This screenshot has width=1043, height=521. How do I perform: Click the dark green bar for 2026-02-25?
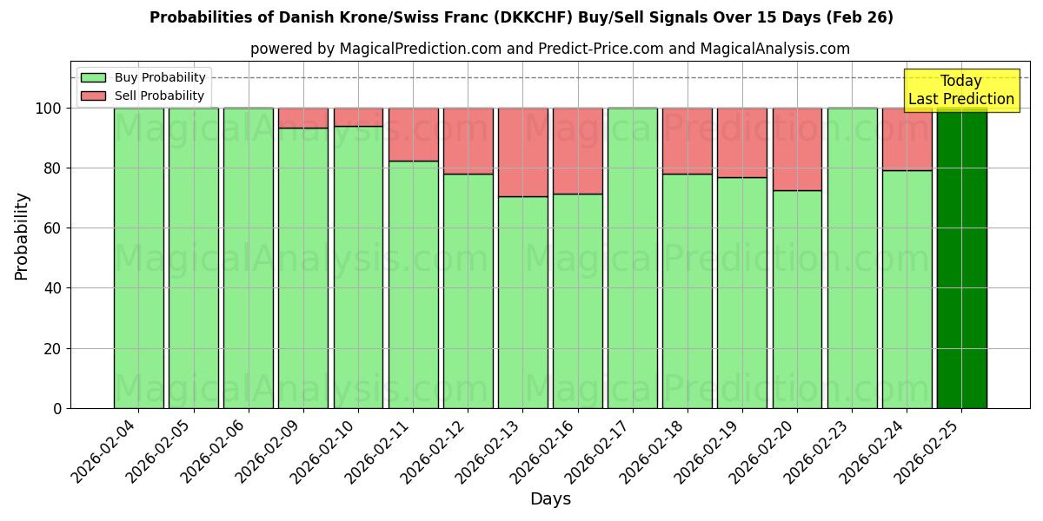tap(961, 258)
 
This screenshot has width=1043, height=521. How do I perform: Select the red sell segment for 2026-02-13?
tap(522, 152)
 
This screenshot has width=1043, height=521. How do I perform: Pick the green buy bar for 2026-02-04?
tap(138, 258)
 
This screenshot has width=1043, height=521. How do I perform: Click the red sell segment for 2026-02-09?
tap(302, 118)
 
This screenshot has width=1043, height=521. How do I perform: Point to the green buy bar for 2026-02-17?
tap(633, 258)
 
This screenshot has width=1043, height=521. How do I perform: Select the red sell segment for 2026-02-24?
tap(907, 139)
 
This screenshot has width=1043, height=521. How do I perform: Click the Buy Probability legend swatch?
tap(93, 77)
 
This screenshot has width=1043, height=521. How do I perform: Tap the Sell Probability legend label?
tap(159, 96)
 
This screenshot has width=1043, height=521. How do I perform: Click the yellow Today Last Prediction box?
tap(961, 90)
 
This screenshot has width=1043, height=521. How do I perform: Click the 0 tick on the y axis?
tap(57, 408)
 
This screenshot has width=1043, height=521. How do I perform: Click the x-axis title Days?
tap(550, 499)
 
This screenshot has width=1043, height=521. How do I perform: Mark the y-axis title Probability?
tap(22, 236)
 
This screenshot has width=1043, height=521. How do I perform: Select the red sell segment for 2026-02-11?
tap(413, 134)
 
